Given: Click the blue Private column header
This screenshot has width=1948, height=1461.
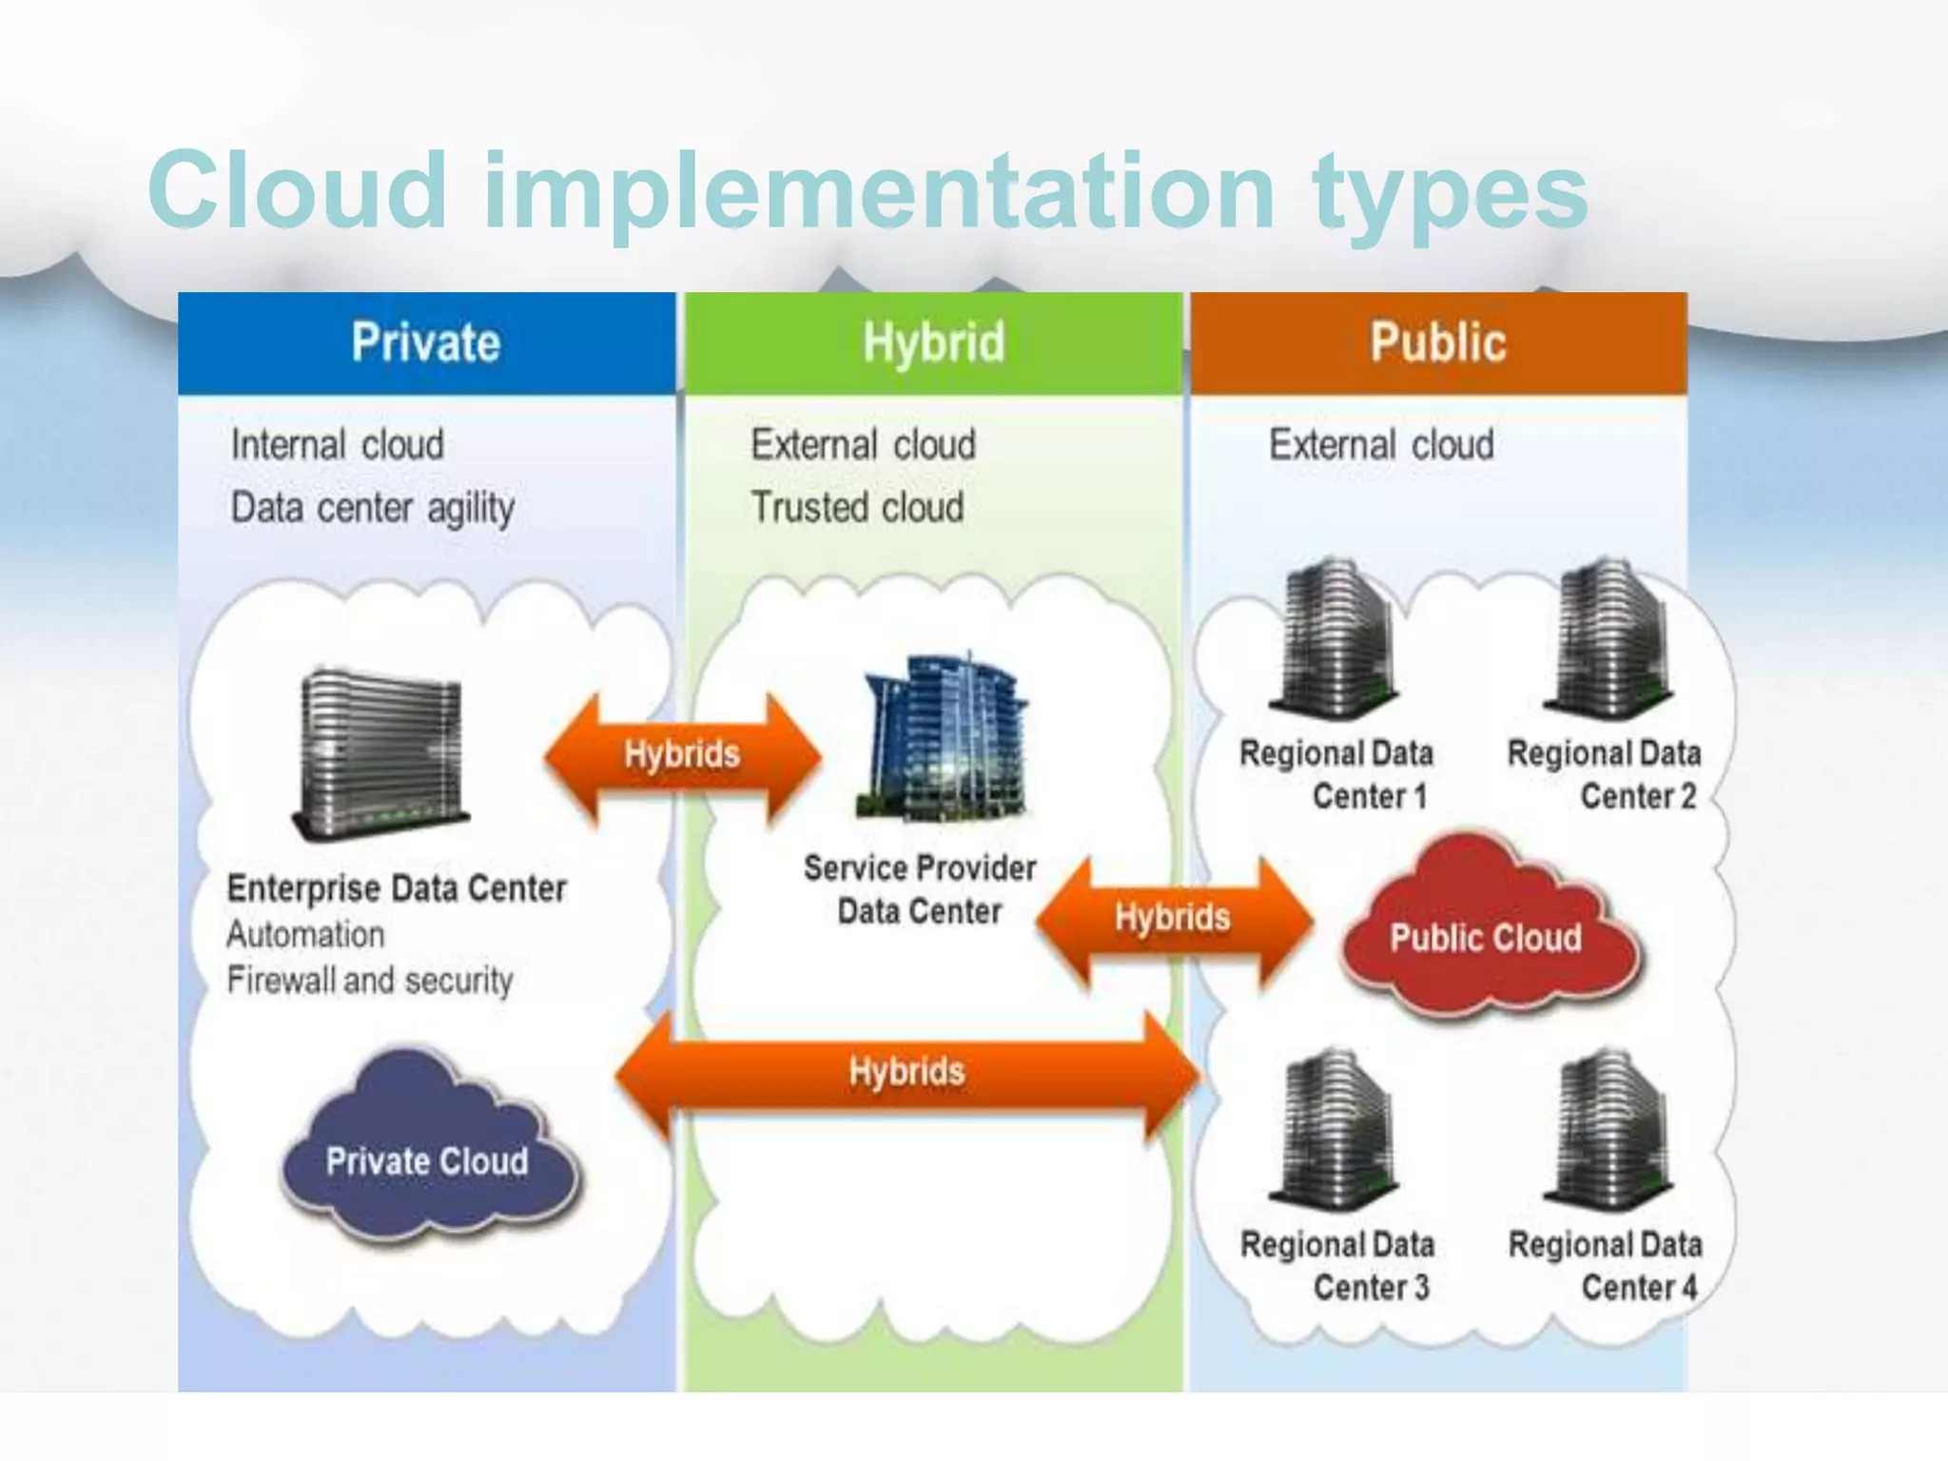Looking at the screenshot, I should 426,343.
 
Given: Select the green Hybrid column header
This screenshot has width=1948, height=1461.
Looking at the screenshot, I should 933,343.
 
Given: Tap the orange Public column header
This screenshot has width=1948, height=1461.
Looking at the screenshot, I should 1438,343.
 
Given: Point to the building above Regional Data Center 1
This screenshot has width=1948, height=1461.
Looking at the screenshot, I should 1335,637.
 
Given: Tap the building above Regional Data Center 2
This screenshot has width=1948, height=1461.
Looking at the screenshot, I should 1609,637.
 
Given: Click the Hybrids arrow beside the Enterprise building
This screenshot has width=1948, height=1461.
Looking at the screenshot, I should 682,755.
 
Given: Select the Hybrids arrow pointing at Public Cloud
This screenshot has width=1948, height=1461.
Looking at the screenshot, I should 1174,919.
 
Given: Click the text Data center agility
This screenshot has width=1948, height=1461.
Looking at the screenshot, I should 373,508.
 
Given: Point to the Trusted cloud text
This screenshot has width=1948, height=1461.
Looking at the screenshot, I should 857,507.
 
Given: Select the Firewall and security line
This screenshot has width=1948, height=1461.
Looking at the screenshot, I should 370,980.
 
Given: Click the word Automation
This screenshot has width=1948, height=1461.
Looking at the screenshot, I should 305,934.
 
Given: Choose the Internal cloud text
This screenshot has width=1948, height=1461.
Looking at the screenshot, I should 338,444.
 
